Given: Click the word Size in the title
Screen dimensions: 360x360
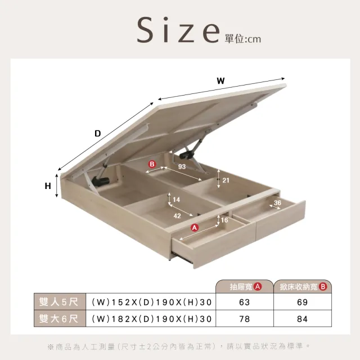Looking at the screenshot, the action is click(x=178, y=30).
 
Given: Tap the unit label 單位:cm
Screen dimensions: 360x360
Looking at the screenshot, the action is click(x=243, y=39).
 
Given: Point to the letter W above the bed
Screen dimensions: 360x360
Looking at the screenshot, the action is click(x=220, y=81).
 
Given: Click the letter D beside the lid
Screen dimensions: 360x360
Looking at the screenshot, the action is click(x=98, y=133).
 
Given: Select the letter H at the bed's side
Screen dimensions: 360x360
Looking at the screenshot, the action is click(x=48, y=186).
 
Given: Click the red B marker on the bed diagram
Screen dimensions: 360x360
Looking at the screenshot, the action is click(x=152, y=164).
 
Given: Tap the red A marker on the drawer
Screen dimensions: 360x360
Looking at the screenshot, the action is click(x=195, y=227).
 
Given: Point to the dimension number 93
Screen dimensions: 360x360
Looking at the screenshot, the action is click(x=182, y=166).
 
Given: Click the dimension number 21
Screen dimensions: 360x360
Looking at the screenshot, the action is click(x=226, y=180).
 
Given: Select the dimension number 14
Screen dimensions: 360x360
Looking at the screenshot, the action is click(x=176, y=200).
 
